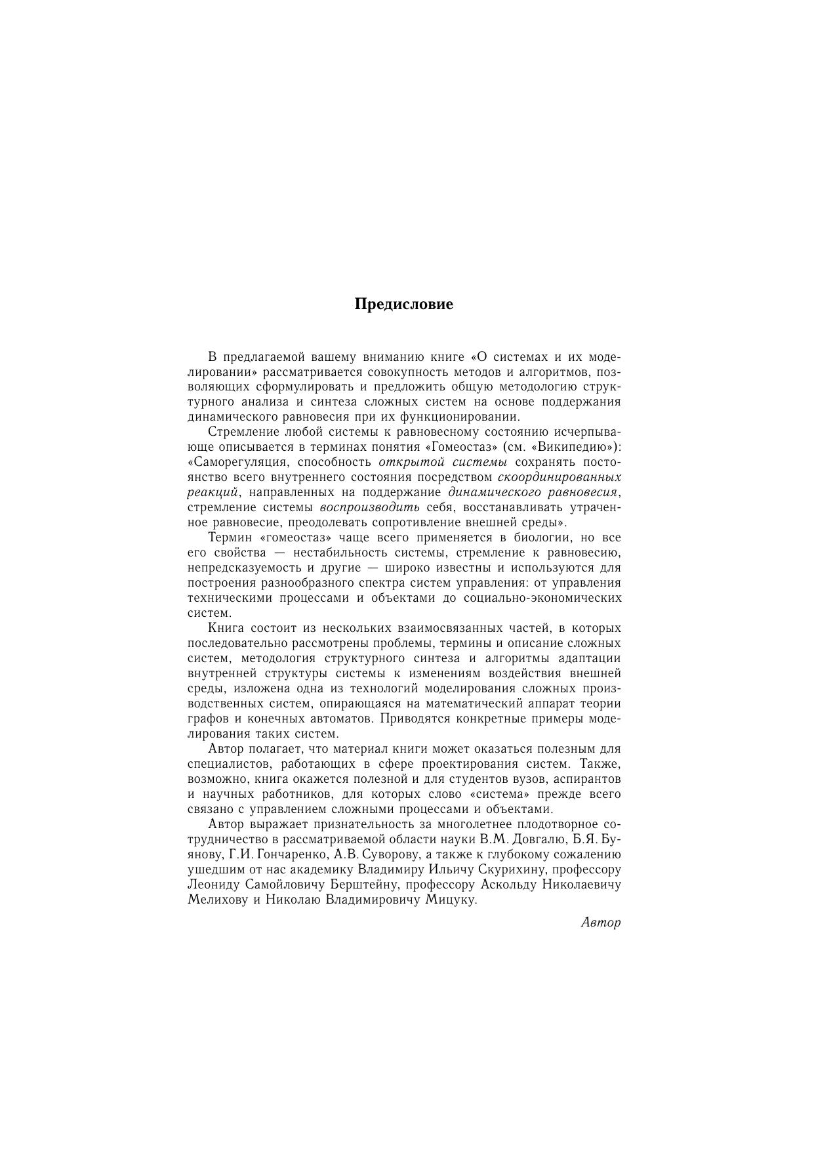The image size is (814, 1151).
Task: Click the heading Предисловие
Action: click(403, 304)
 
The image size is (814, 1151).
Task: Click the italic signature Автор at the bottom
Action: click(600, 923)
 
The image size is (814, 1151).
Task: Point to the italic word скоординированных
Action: click(560, 477)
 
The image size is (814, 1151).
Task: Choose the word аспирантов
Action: click(586, 779)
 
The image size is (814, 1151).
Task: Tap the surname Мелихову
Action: click(216, 900)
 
